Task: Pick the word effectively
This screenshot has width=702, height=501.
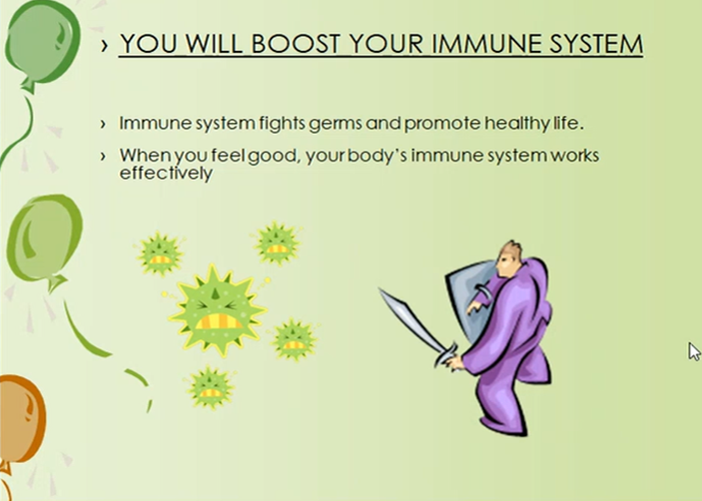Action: [166, 173]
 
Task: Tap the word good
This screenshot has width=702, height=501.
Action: [273, 157]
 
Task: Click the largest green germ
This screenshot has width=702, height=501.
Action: [217, 309]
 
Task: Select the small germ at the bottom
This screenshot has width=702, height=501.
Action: [210, 388]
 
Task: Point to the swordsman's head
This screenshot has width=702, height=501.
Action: [509, 259]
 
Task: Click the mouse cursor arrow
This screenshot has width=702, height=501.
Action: [694, 351]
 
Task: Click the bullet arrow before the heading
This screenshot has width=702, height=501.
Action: [104, 45]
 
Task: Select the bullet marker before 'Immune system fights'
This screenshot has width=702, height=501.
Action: [104, 124]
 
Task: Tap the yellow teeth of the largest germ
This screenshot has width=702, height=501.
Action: [219, 321]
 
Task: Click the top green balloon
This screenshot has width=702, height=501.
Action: [43, 43]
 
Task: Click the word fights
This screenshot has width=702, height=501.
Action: [283, 124]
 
